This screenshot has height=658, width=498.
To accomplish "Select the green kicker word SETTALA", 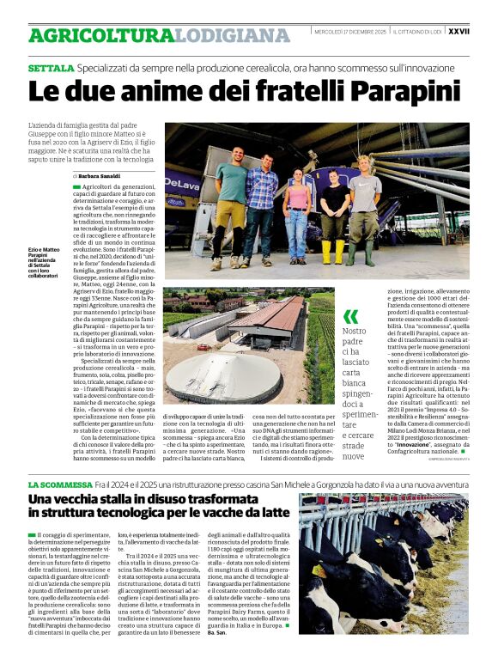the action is pos(50,67).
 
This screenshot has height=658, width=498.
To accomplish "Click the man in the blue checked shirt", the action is pos(260,202).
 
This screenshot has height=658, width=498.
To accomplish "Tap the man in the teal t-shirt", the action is pos(230,202).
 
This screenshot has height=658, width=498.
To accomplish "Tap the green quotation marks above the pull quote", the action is pos(349,316).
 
